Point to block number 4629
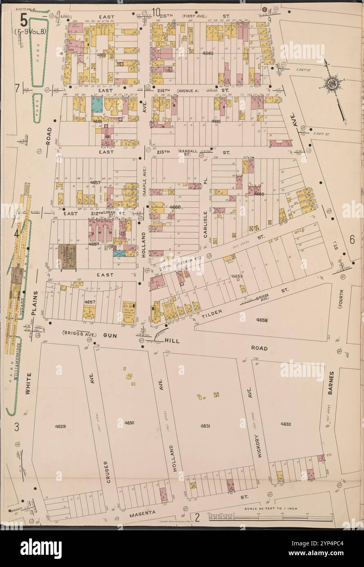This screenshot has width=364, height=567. (60, 426)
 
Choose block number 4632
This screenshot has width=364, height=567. (285, 424)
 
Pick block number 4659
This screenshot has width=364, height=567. (237, 277)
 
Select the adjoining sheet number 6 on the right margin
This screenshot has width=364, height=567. (352, 240)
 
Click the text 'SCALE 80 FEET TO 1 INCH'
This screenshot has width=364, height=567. (270, 509)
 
